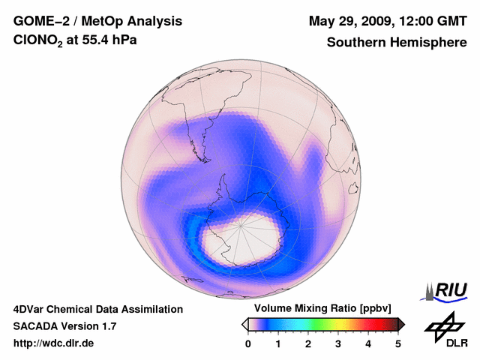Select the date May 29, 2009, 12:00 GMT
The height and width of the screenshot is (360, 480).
pos(386,21)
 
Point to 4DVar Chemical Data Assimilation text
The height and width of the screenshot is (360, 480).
pos(98,309)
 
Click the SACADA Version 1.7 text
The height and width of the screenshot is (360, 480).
pos(64,326)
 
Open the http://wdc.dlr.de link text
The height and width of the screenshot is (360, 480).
pos(54,343)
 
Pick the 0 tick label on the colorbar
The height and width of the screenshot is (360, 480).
pos(248,343)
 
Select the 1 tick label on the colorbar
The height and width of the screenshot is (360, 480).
pos(278,343)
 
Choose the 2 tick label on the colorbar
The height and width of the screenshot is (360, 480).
pos(308,343)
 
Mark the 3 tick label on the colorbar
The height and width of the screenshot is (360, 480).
pos(338,343)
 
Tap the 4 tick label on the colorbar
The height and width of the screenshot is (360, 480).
pos(368,343)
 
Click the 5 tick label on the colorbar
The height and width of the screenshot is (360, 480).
pos(398,343)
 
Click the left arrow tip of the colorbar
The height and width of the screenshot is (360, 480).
pos(244,324)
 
